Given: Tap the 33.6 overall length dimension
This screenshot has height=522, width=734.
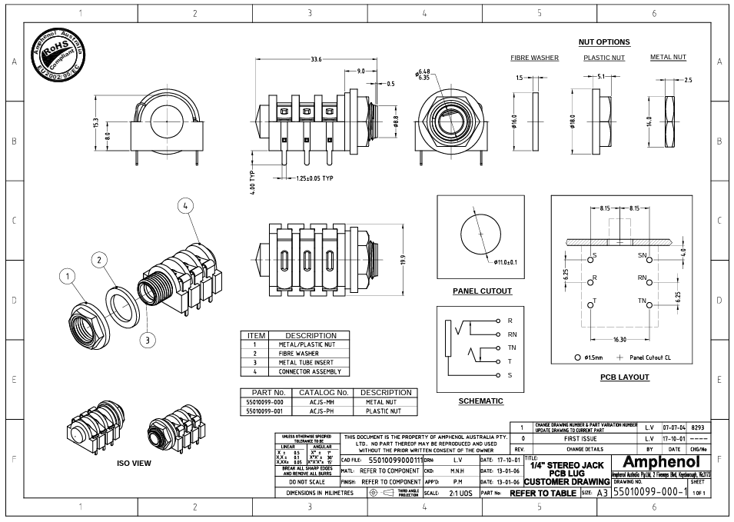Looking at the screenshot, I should [x=316, y=59].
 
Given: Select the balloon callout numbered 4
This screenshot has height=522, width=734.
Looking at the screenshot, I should [x=185, y=205].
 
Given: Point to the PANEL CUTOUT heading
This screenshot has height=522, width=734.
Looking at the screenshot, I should [x=481, y=291].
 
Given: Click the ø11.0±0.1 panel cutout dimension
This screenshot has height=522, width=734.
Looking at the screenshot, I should [x=505, y=262].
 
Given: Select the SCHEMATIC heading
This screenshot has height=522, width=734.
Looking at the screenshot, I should [x=480, y=401].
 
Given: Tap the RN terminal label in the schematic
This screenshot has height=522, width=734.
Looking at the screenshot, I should [x=512, y=334].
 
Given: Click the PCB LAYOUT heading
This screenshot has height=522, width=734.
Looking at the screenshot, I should [x=624, y=377].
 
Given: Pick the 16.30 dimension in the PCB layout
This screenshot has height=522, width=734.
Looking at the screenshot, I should [x=619, y=338].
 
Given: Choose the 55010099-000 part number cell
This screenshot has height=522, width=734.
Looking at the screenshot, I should [x=264, y=401].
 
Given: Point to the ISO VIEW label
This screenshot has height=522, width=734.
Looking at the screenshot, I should [x=134, y=464].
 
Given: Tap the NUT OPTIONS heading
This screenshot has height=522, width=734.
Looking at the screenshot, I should [x=603, y=42].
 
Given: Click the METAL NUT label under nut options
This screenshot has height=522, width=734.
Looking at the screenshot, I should [x=668, y=57].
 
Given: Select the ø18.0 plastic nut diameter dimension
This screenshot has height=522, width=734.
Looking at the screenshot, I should [x=573, y=123].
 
